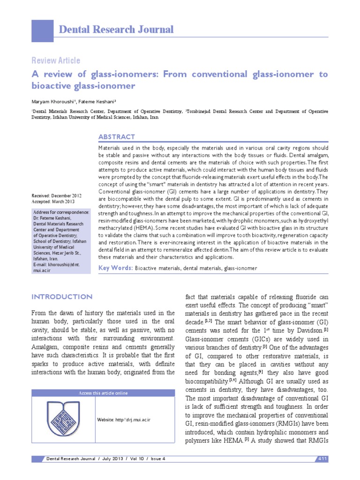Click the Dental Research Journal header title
tap(116, 30)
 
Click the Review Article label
tap(55, 60)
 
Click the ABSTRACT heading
tap(116, 137)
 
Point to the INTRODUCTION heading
tap(61, 297)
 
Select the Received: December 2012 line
tap(56, 195)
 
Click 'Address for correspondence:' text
tap(60, 212)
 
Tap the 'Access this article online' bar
tap(103, 393)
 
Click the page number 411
tap(322, 457)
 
